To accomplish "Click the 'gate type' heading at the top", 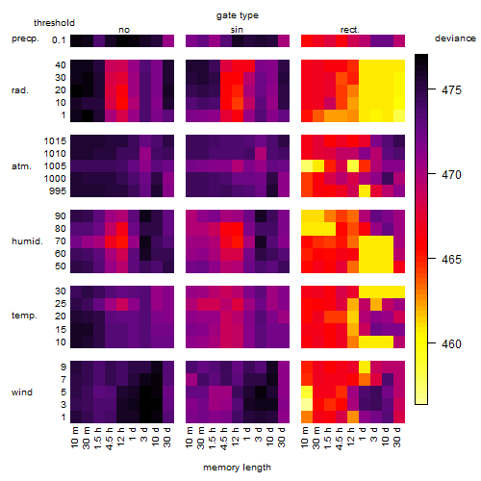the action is pyautogui.click(x=238, y=15).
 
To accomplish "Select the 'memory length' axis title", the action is pyautogui.click(x=237, y=468).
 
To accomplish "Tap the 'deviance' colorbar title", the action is pyautogui.click(x=455, y=38).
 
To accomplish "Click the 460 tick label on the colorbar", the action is pyautogui.click(x=451, y=343).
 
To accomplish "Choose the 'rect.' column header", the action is pyautogui.click(x=350, y=30).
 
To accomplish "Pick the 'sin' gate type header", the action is pyautogui.click(x=237, y=30).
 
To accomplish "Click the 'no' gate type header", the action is pyautogui.click(x=124, y=30).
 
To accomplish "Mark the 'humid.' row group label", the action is pyautogui.click(x=27, y=241).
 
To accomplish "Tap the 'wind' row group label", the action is pyautogui.click(x=22, y=392).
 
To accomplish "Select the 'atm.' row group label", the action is pyautogui.click(x=21, y=166).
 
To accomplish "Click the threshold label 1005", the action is pyautogui.click(x=55, y=166).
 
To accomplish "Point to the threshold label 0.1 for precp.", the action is pyautogui.click(x=59, y=40).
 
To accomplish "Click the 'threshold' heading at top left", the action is pyautogui.click(x=54, y=23).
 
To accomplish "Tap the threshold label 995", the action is pyautogui.click(x=58, y=191).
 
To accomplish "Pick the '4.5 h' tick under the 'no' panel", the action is pyautogui.click(x=110, y=438).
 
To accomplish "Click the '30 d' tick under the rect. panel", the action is pyautogui.click(x=397, y=437).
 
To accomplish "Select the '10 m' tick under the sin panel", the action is pyautogui.click(x=190, y=437).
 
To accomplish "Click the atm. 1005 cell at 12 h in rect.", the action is pyautogui.click(x=353, y=166).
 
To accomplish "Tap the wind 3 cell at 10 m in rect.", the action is pyautogui.click(x=307, y=404).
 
